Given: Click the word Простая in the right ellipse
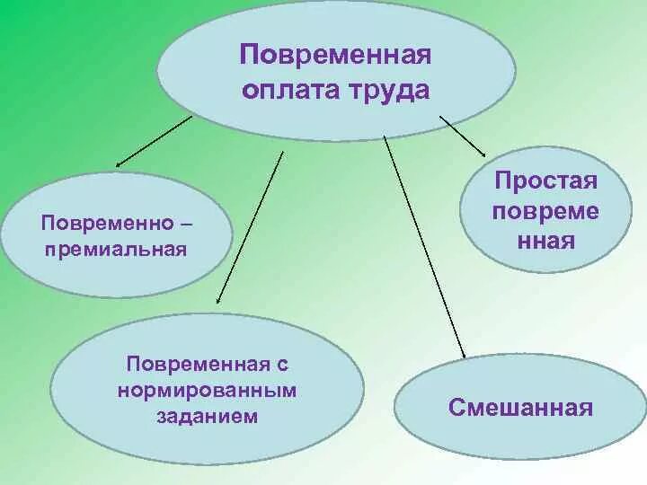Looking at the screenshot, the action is tap(545, 182).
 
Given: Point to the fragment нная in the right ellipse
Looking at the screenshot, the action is tap(545, 241).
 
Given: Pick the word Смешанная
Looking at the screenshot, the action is tap(521, 409).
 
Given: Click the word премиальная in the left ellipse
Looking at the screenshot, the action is tap(116, 248).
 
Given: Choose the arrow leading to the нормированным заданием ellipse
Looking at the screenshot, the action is tap(252, 229).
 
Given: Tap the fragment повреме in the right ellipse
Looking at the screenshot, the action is tap(545, 212).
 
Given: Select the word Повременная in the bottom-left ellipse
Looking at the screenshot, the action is tap(199, 366).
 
